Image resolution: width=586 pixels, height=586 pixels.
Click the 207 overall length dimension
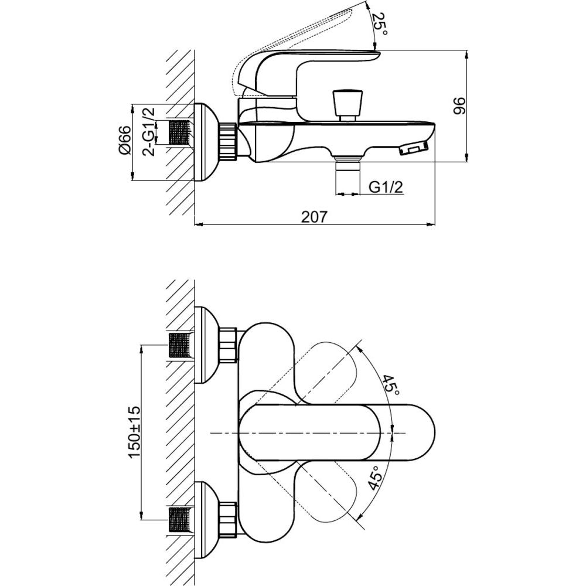click(314, 216)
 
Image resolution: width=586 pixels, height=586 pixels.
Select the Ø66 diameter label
click(124, 141)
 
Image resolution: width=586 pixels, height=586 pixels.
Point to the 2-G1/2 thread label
click(150, 131)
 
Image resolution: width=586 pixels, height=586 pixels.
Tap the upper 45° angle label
click(391, 384)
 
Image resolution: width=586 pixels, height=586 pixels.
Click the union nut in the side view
click(228, 142)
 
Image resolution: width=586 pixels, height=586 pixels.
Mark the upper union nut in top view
click(227, 345)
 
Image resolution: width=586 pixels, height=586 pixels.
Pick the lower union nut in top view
click(227, 519)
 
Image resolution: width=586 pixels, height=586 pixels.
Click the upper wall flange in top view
click(205, 345)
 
